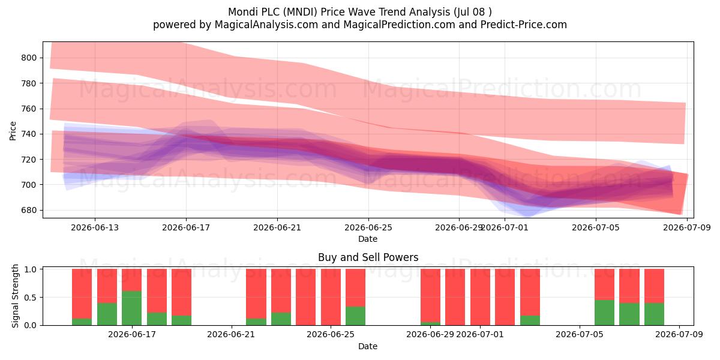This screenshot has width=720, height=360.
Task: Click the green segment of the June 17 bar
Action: click(x=132, y=308)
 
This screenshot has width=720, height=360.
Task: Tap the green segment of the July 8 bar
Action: click(x=654, y=314)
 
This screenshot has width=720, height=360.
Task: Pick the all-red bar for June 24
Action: click(x=305, y=297)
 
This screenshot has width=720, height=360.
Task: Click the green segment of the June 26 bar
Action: click(x=355, y=316)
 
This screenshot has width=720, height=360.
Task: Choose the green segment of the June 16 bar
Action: click(x=107, y=314)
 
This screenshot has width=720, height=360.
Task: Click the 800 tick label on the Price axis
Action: click(x=29, y=58)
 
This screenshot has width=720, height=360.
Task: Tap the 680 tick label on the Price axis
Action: click(x=29, y=210)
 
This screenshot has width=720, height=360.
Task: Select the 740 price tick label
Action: click(x=29, y=134)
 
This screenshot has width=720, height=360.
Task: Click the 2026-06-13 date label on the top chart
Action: click(x=95, y=227)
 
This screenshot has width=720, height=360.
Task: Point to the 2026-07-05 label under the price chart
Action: click(x=596, y=227)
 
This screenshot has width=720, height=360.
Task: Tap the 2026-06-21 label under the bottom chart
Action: click(x=231, y=334)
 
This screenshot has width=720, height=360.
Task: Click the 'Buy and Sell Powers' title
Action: click(x=368, y=257)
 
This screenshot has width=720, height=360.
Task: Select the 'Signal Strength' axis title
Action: click(x=15, y=296)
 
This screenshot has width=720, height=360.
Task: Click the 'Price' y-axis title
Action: click(x=13, y=131)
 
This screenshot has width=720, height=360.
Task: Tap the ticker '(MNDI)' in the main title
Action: click(x=300, y=12)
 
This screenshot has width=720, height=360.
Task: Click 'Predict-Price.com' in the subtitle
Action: click(x=524, y=25)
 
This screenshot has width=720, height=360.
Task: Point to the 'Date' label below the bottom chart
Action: click(x=368, y=346)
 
